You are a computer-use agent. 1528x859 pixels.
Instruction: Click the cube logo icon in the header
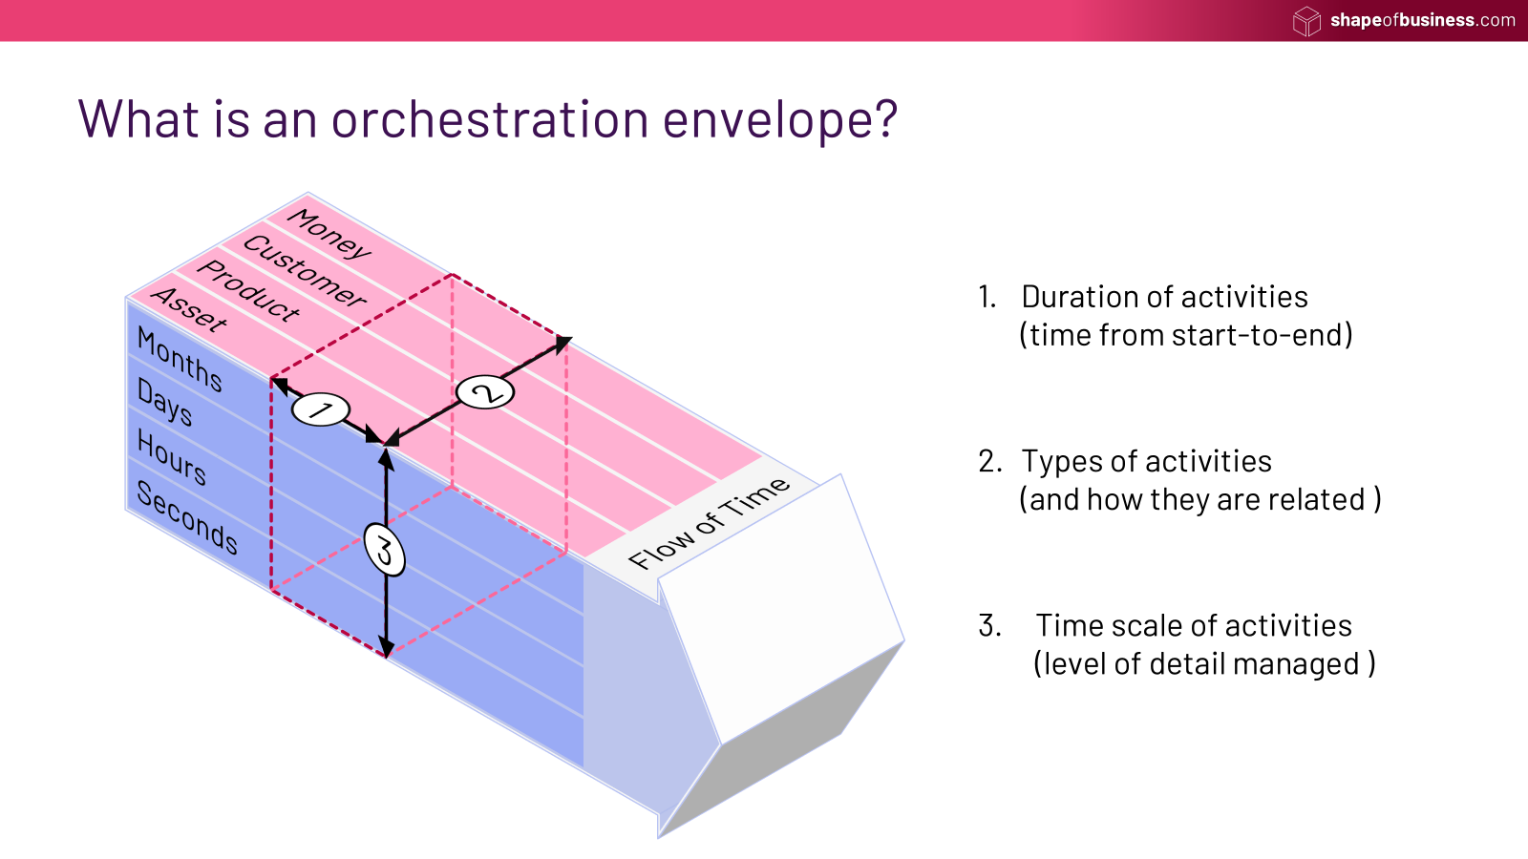click(x=1306, y=20)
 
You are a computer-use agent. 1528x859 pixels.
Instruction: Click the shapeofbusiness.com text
click(x=1422, y=20)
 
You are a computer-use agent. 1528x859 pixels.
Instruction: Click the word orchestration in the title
click(x=490, y=120)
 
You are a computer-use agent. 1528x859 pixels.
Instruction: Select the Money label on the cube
click(x=329, y=233)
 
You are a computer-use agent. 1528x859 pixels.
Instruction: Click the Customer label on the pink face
click(x=305, y=270)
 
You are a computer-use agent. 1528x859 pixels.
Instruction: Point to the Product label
click(x=248, y=289)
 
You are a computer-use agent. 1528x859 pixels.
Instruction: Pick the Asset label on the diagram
click(x=190, y=308)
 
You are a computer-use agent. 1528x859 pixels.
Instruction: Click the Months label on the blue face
click(x=180, y=360)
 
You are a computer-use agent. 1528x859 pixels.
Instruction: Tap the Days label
click(x=164, y=402)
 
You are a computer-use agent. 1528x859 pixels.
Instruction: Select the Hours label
click(x=172, y=457)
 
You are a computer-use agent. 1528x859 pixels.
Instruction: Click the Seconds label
click(x=187, y=516)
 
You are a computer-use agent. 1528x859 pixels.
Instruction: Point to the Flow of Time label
click(x=709, y=522)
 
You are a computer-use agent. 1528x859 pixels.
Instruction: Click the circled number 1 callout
click(x=320, y=410)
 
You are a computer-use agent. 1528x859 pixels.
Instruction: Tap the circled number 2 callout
click(x=485, y=391)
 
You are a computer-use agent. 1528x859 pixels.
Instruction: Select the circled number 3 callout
click(x=385, y=551)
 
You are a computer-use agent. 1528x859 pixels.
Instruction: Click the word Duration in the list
click(x=1083, y=297)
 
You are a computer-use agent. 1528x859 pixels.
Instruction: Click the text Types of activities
click(x=1146, y=461)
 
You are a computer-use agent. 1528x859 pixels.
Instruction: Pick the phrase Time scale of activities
click(x=1194, y=625)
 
